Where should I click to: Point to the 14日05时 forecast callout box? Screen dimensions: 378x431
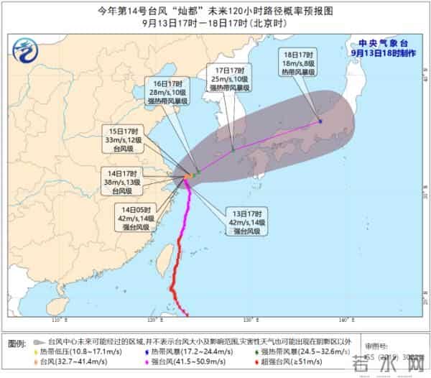pyautogui.click(x=135, y=218)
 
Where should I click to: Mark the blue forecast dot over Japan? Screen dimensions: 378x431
pyautogui.click(x=320, y=121)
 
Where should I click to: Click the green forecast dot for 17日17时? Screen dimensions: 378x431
pyautogui.click(x=233, y=150)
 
